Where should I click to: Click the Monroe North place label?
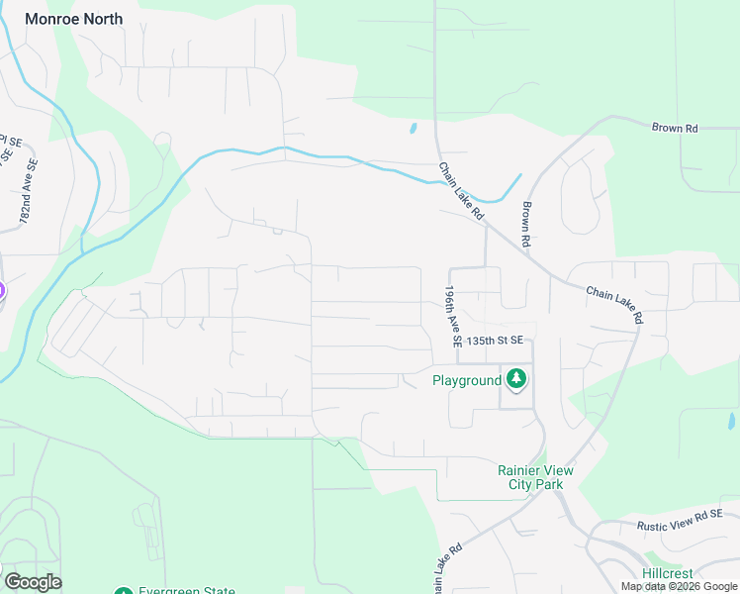tap(74, 19)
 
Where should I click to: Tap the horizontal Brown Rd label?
tap(675, 128)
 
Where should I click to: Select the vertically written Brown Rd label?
tap(526, 225)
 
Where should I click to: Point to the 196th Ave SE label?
tap(453, 317)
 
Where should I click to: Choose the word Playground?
tap(467, 380)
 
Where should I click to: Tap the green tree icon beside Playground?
tap(515, 378)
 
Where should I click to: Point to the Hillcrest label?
tap(668, 573)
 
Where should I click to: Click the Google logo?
tap(33, 582)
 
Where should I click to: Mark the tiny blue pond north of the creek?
tap(413, 128)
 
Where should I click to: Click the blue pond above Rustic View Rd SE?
tap(730, 421)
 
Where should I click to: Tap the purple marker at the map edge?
tap(2, 291)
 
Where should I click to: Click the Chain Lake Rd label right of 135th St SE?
tap(614, 305)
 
